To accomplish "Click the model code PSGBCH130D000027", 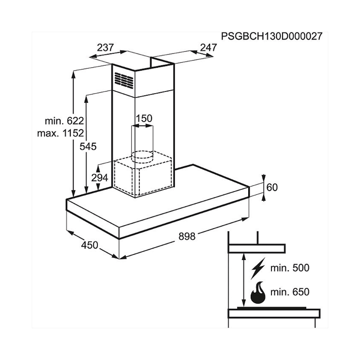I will pyautogui.click(x=271, y=36).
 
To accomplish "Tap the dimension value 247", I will pyautogui.click(x=208, y=47).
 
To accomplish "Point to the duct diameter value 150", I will pyautogui.click(x=144, y=119).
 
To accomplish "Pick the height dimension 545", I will pyautogui.click(x=89, y=147).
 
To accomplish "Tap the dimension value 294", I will pyautogui.click(x=100, y=177).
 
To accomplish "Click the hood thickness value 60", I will pyautogui.click(x=272, y=187).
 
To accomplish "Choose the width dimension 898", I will pyautogui.click(x=187, y=236).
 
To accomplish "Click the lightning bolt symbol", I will pyautogui.click(x=258, y=268).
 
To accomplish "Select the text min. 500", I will pyautogui.click(x=291, y=268).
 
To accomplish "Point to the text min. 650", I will pyautogui.click(x=291, y=292).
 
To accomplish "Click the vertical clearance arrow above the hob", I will pyautogui.click(x=243, y=279).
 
